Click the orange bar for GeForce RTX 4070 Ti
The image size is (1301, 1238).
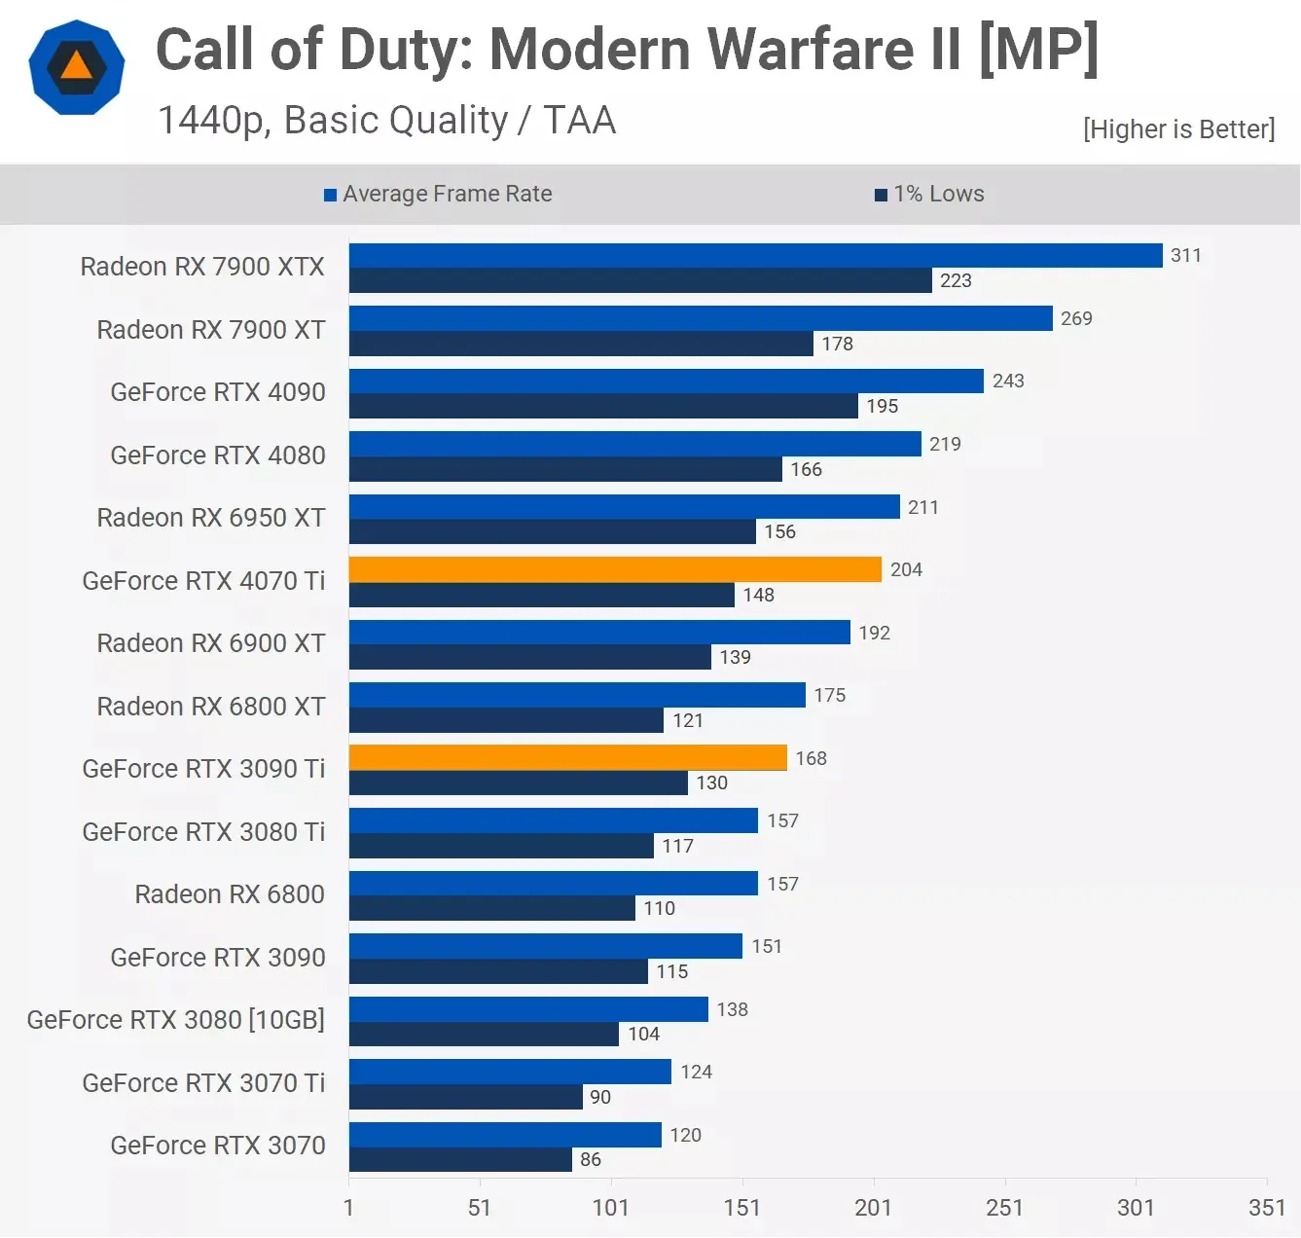[x=615, y=569]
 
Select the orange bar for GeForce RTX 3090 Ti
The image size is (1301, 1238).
[x=567, y=757]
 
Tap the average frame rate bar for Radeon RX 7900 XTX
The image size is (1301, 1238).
[x=755, y=255]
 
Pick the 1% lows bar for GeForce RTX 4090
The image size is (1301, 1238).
[x=603, y=406]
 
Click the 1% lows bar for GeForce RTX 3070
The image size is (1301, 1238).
[x=460, y=1159]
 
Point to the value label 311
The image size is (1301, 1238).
[x=1185, y=255]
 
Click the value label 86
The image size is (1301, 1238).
[x=590, y=1159]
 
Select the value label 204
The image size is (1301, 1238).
[x=905, y=569]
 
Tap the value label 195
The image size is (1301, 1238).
[x=882, y=406]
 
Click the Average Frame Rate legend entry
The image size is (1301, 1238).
[x=438, y=194]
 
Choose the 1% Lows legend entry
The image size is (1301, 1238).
[x=929, y=194]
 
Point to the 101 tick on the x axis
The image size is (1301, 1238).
[x=610, y=1208]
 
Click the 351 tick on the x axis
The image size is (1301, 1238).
[x=1266, y=1208]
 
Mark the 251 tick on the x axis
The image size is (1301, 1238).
[x=1004, y=1208]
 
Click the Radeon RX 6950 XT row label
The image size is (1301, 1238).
[x=211, y=518]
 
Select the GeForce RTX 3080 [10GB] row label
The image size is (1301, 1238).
[x=176, y=1020]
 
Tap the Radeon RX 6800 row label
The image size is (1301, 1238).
[x=230, y=894]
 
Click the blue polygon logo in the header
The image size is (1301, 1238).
[x=77, y=67]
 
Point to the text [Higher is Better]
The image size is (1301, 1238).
[x=1178, y=129]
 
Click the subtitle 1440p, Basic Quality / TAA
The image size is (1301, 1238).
[x=386, y=121]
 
